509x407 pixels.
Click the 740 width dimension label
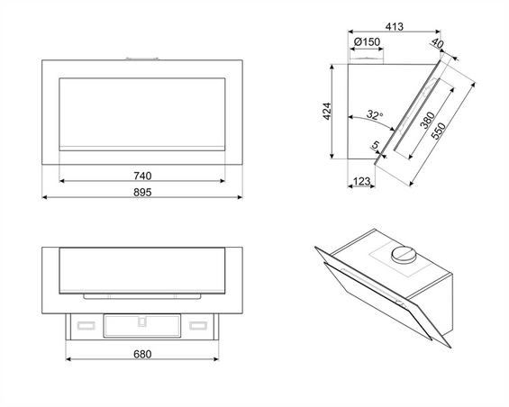142,176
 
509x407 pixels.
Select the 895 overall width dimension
142,193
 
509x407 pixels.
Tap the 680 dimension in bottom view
142,354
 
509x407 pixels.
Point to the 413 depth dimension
395,26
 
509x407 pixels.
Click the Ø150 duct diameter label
367,41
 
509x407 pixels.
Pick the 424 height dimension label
327,111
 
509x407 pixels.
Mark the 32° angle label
375,114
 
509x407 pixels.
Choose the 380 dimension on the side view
427,120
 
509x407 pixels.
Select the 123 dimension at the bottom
361,181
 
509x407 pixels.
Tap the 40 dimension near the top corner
437,43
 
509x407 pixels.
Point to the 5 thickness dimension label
376,145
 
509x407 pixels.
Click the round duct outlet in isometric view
404,254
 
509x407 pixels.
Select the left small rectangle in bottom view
86,325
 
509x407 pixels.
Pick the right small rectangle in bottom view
198,325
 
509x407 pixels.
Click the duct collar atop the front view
142,59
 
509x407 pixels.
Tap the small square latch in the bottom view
142,321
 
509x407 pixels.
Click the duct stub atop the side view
367,61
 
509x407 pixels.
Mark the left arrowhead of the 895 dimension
45,197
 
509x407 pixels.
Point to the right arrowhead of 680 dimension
216,358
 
